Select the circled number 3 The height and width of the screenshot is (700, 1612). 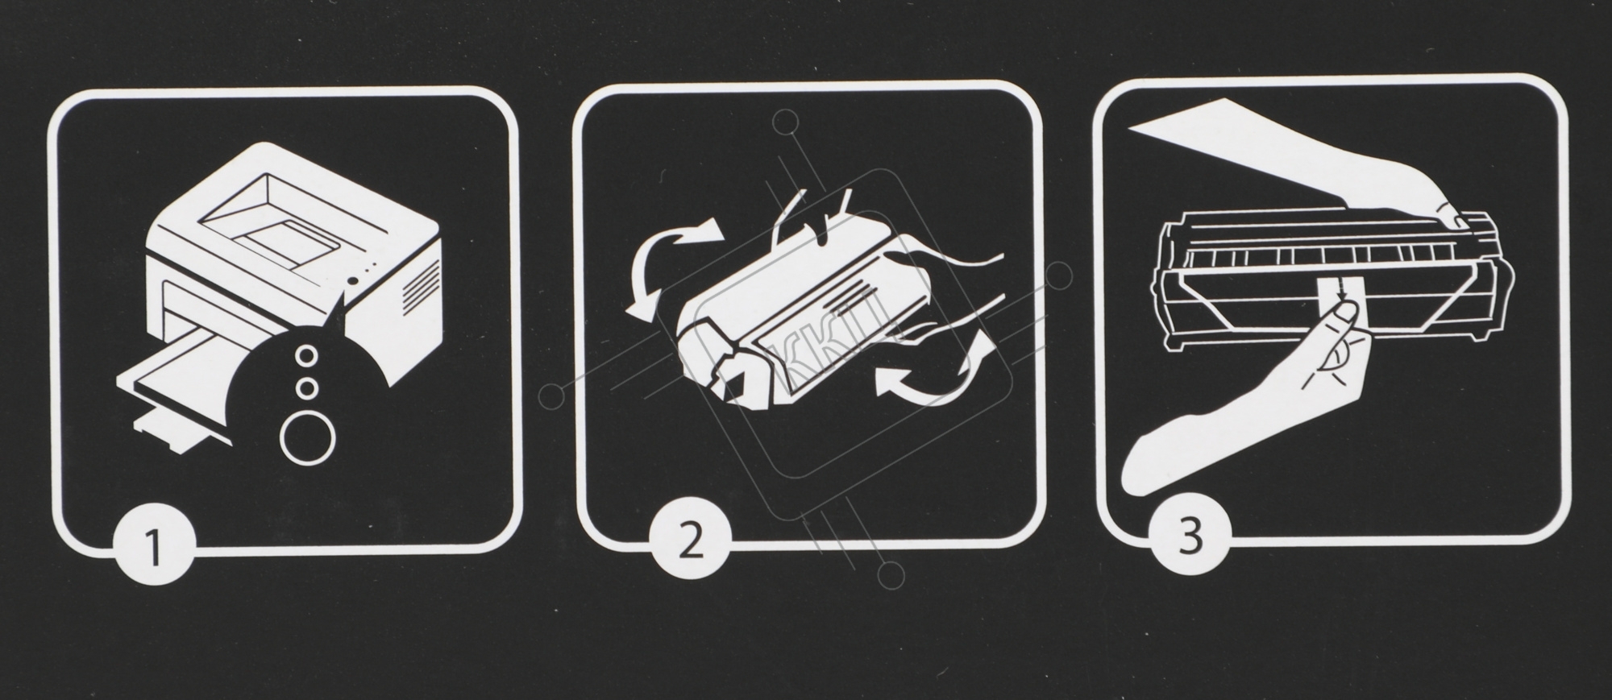tap(1191, 535)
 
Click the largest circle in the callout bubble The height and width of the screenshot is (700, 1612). tap(306, 437)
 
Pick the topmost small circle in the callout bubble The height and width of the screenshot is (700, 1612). tap(306, 354)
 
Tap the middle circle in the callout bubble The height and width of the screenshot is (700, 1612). tap(306, 388)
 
